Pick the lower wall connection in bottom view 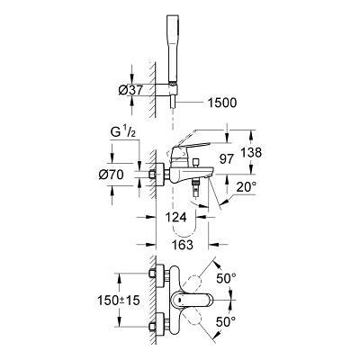(154, 325)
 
